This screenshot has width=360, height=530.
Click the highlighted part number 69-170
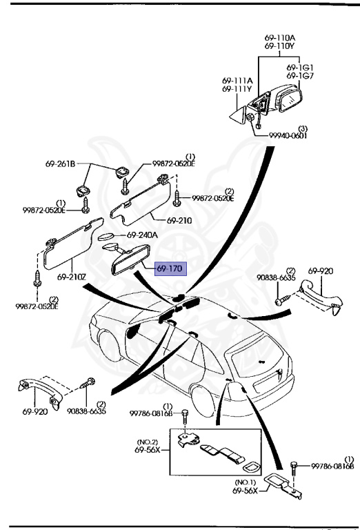(170, 269)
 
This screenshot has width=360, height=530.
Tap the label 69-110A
(279, 38)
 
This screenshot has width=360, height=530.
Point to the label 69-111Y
(237, 89)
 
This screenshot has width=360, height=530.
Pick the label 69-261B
(61, 164)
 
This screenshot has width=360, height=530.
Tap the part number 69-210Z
(72, 277)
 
